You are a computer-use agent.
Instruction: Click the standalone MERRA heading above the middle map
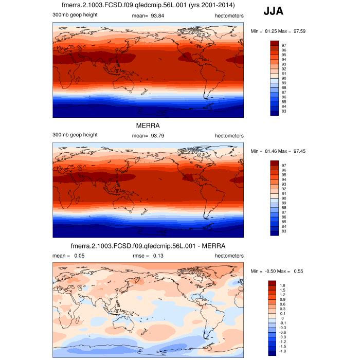[147, 125]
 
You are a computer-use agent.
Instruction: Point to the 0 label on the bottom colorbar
[282, 318]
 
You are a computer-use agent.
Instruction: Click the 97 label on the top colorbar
[283, 45]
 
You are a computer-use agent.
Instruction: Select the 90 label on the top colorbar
[283, 78]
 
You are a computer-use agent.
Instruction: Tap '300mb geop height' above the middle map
[75, 135]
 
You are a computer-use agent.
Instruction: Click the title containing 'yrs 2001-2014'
[147, 5]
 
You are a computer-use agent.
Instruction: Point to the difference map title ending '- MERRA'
[147, 245]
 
